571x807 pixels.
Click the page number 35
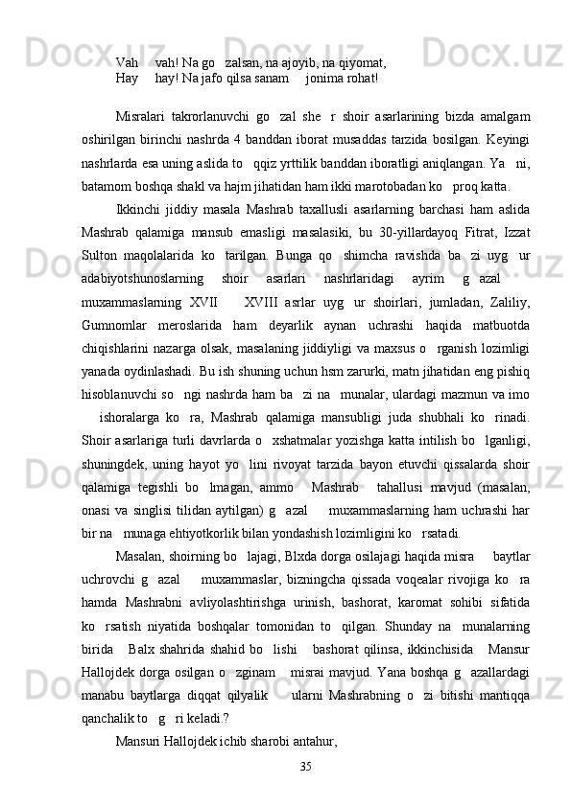(306, 766)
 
